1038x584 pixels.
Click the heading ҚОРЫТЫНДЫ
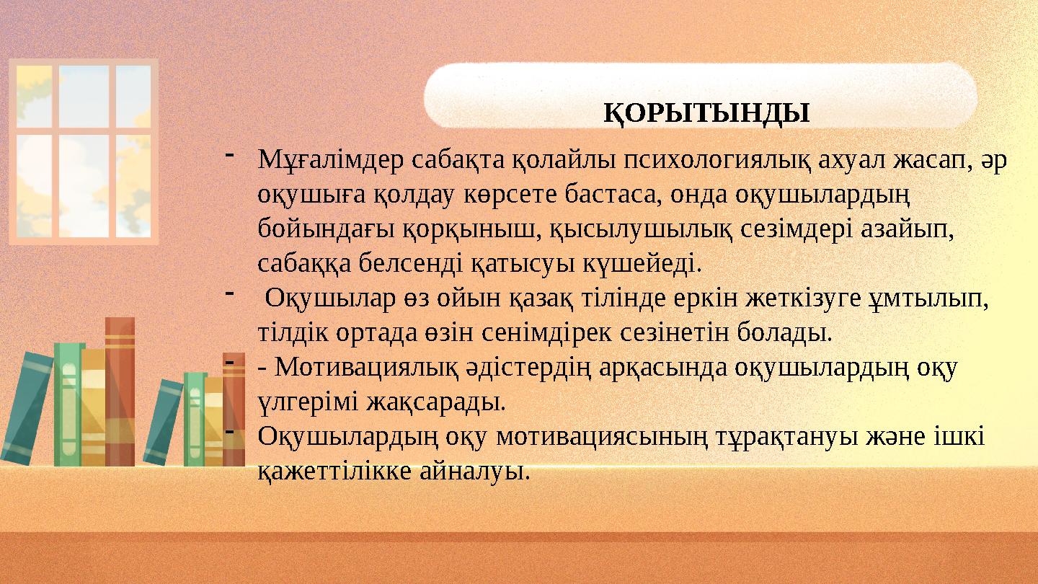click(706, 112)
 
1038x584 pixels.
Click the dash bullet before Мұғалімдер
click(229, 154)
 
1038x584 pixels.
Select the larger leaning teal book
click(27, 407)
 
